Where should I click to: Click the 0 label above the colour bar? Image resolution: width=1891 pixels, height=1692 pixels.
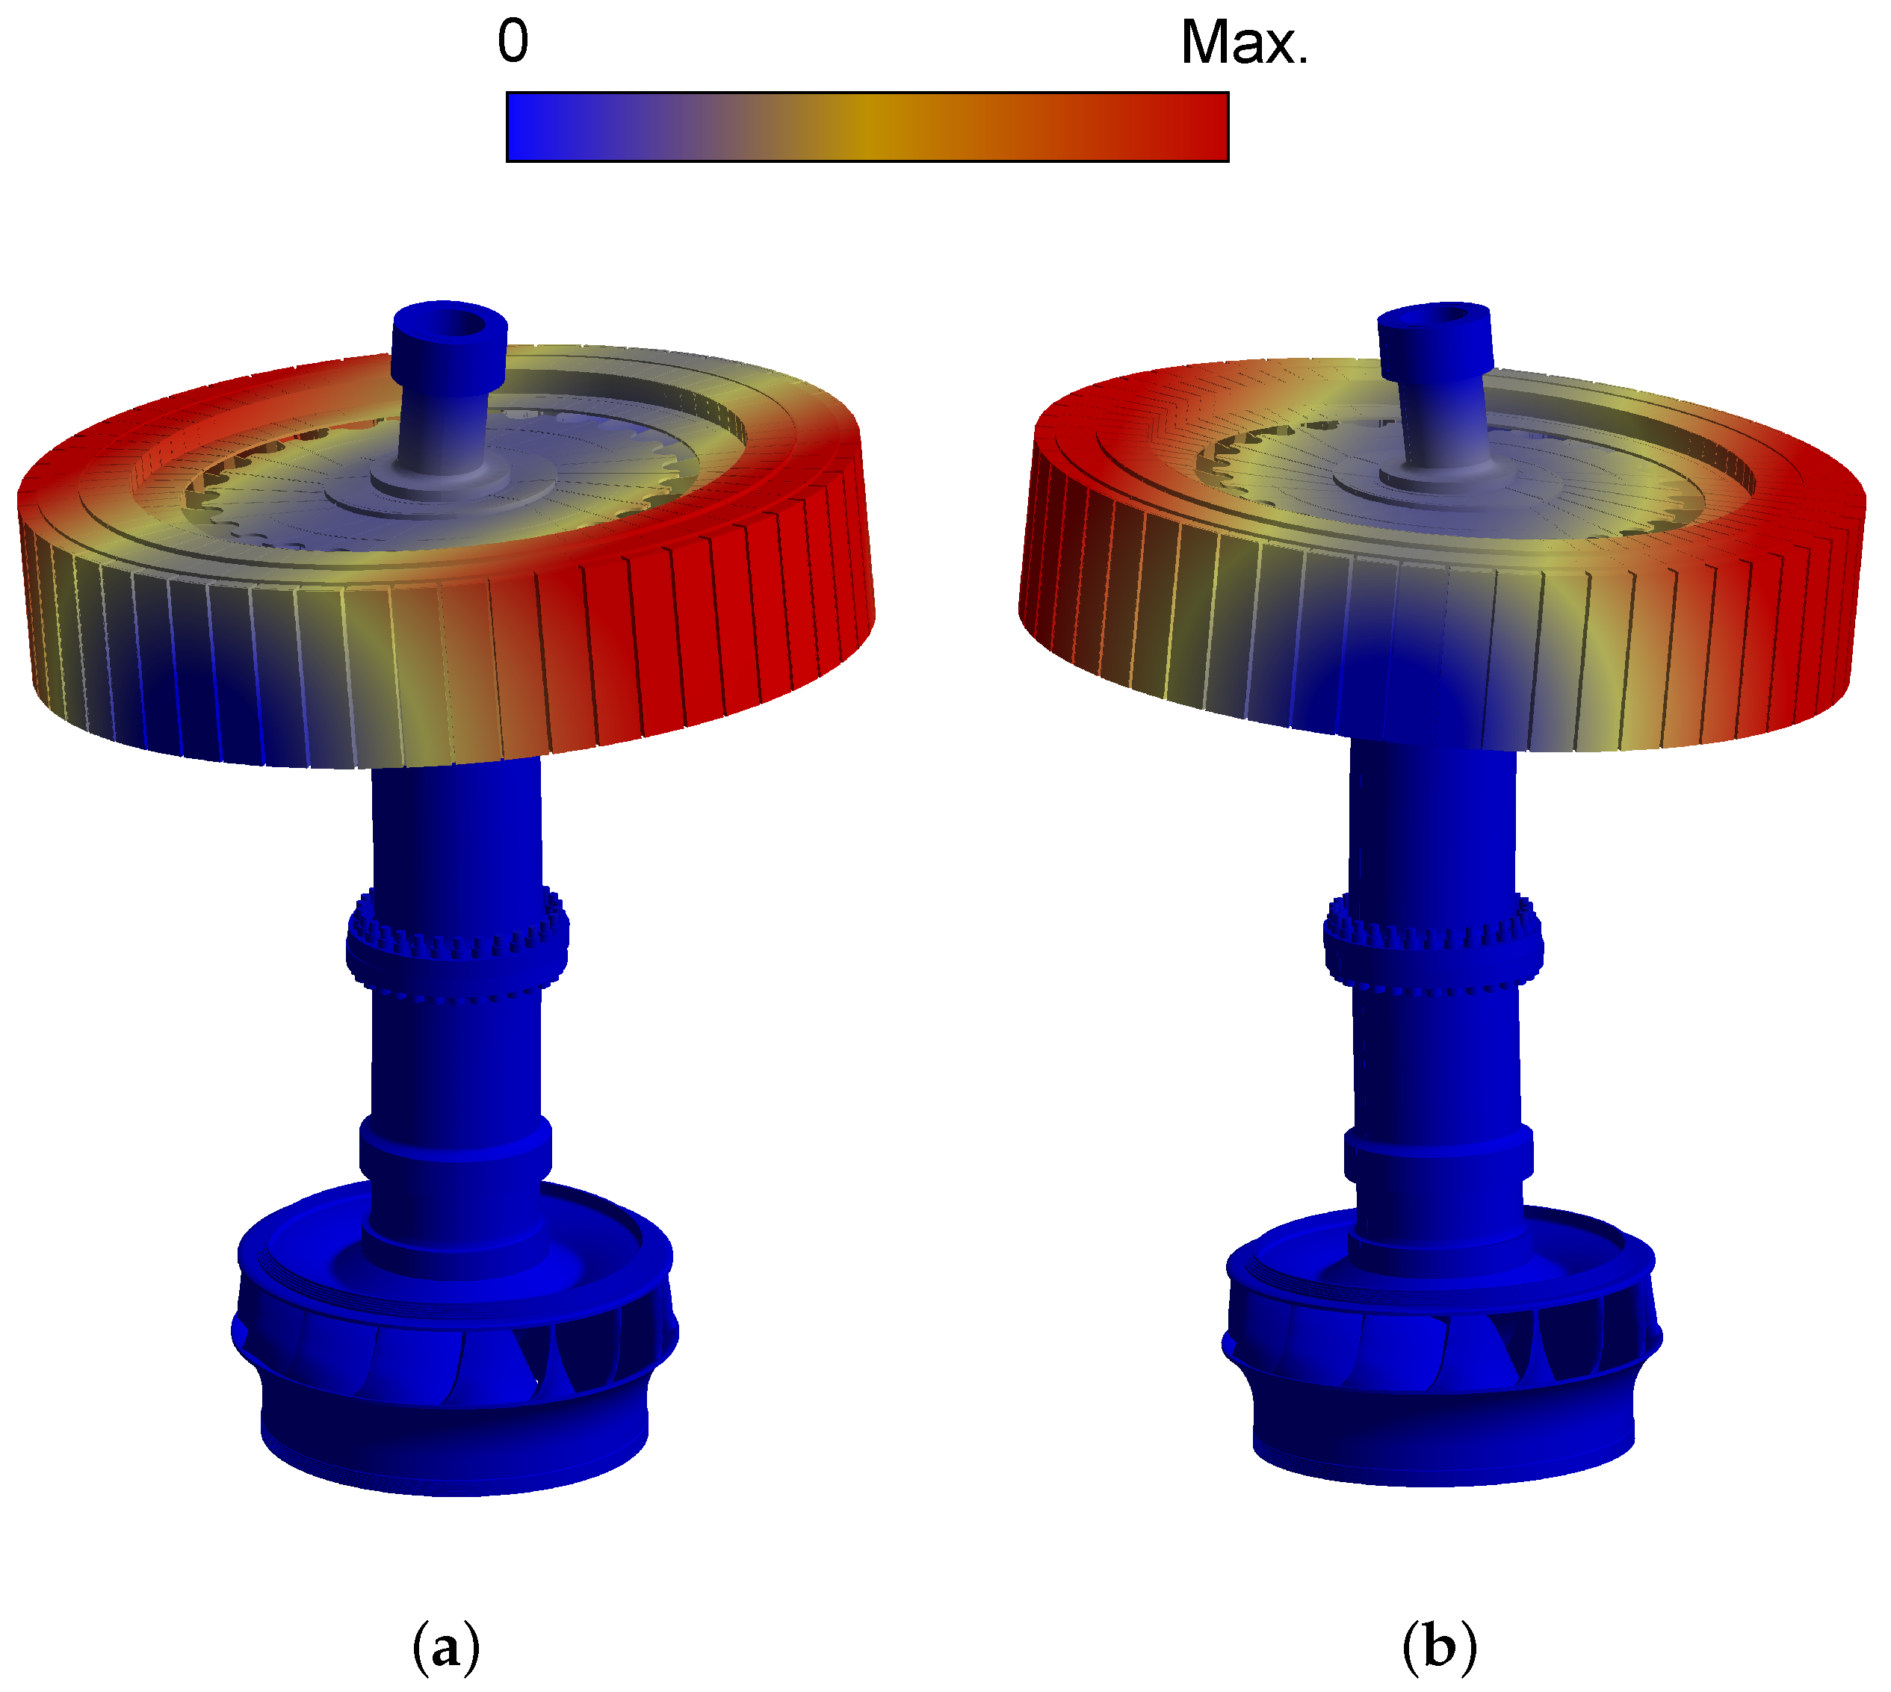pos(513,42)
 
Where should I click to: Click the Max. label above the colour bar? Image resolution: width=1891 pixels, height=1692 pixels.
pos(1244,43)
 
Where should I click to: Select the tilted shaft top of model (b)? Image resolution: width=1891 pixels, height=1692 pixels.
pos(1435,338)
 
